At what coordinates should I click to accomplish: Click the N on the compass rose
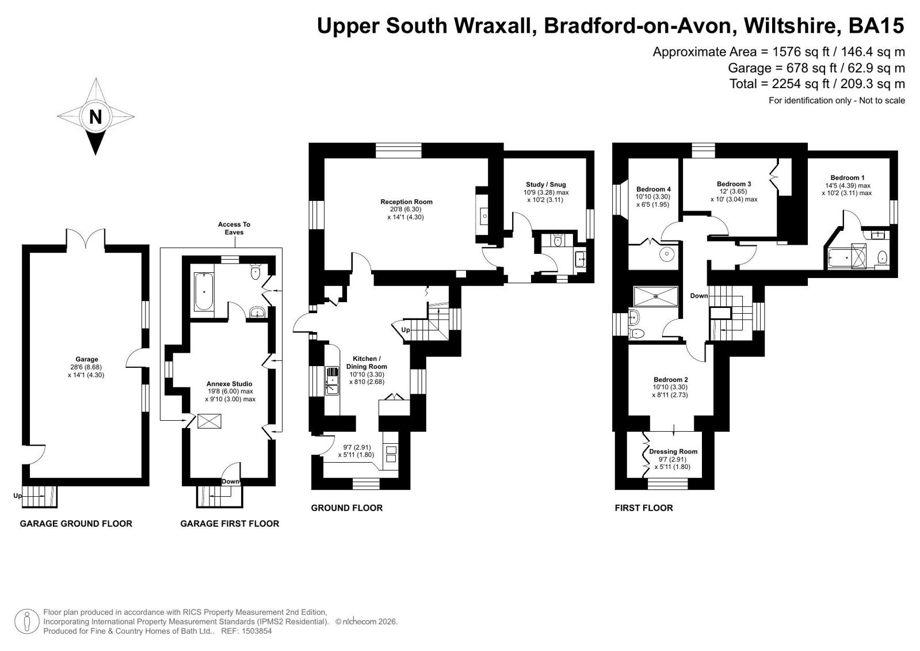coord(96,117)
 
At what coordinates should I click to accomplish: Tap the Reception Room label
coord(406,202)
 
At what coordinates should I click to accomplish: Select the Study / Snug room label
coord(546,185)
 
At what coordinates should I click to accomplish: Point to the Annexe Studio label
coord(229,384)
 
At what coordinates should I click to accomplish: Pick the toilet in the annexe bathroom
coord(255,271)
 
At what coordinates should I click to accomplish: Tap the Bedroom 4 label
coord(654,189)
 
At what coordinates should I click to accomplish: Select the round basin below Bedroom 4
coord(667,254)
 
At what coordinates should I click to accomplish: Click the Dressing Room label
coord(673,451)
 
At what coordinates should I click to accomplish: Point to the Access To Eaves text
coord(234,228)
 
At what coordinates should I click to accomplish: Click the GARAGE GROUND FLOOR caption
coord(76,524)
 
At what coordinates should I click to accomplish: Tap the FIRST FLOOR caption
coord(644,508)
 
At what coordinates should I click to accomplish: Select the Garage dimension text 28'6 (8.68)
coord(86,367)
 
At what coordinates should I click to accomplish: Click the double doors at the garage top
coord(86,239)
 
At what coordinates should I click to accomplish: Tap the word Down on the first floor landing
coord(699,295)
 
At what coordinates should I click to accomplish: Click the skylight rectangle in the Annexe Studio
coord(209,421)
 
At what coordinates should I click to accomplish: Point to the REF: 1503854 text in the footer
coord(246,631)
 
